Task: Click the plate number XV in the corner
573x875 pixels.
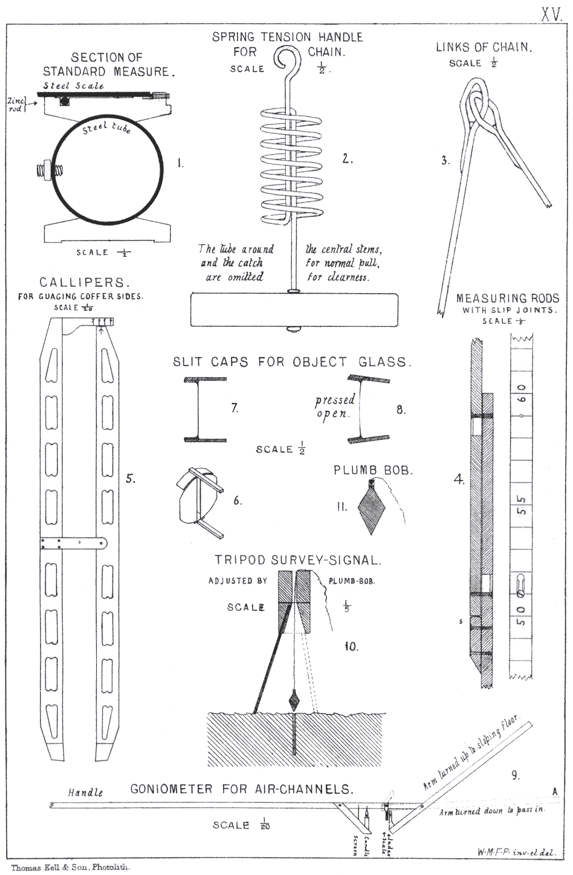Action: pos(551,15)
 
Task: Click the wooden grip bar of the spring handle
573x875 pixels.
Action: pos(294,310)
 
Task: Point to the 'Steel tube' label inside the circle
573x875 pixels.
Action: pos(106,128)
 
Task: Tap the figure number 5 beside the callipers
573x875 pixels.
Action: pos(130,479)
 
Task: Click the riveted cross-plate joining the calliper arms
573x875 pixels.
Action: pos(73,543)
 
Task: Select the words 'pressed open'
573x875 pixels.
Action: pos(334,407)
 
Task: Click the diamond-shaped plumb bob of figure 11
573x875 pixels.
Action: pos(371,508)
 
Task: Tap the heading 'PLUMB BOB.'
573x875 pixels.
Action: pos(373,470)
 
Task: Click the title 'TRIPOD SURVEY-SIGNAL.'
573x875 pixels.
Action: pos(298,560)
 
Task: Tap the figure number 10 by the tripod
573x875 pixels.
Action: pos(351,647)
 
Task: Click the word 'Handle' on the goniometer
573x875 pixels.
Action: pos(85,792)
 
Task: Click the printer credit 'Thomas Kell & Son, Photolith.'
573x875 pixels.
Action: pos(70,867)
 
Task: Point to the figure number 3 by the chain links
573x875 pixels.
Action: pos(445,160)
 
